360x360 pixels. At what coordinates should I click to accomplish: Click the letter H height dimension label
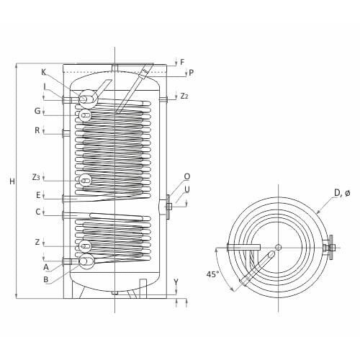pos(12,181)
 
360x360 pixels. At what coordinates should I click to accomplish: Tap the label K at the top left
pos(44,72)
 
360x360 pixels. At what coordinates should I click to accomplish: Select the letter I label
pos(44,86)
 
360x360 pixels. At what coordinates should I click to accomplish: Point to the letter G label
pos(37,111)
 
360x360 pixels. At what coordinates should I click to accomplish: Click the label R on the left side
pos(37,130)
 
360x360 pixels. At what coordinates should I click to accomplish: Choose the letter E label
pos(37,194)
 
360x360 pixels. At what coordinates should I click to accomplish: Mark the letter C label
pos(37,212)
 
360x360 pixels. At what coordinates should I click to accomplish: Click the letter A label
pos(45,267)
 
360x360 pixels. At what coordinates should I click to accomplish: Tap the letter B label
pos(45,279)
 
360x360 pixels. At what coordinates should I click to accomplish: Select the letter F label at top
pos(182,62)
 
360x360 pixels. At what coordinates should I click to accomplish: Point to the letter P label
pos(190,73)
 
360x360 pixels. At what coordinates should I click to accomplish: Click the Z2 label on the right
pos(184,96)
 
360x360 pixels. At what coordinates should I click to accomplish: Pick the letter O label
pos(186,176)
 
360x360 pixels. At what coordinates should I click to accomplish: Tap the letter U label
pos(186,189)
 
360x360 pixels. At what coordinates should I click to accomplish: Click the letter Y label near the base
pos(176,282)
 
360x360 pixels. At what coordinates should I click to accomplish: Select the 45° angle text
pos(212,274)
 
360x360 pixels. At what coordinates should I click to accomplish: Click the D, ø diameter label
pos(342,192)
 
